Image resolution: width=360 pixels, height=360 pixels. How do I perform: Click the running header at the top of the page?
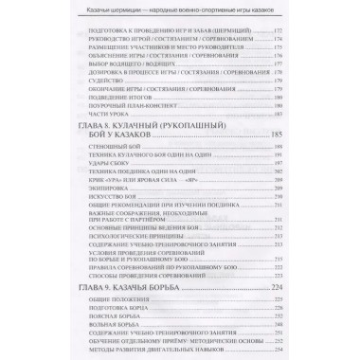[180, 9]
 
